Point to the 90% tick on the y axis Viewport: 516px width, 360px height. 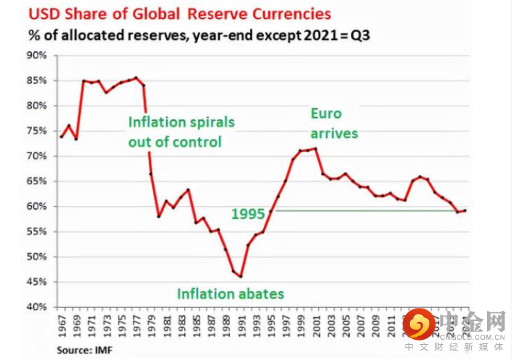tap(38, 56)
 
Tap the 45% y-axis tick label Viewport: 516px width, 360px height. tap(38, 282)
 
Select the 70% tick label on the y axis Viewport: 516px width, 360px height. tap(38, 156)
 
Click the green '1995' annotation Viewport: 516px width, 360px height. tap(247, 214)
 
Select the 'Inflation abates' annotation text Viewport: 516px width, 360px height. tap(231, 293)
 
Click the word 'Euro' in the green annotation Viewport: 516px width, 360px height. tap(326, 113)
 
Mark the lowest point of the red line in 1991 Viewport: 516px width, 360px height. tap(241, 276)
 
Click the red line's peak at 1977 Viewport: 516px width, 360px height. tap(136, 77)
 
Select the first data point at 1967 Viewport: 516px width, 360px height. tap(61, 137)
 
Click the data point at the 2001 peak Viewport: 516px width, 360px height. tap(315, 148)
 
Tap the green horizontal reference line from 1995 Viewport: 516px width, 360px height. tap(361, 210)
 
